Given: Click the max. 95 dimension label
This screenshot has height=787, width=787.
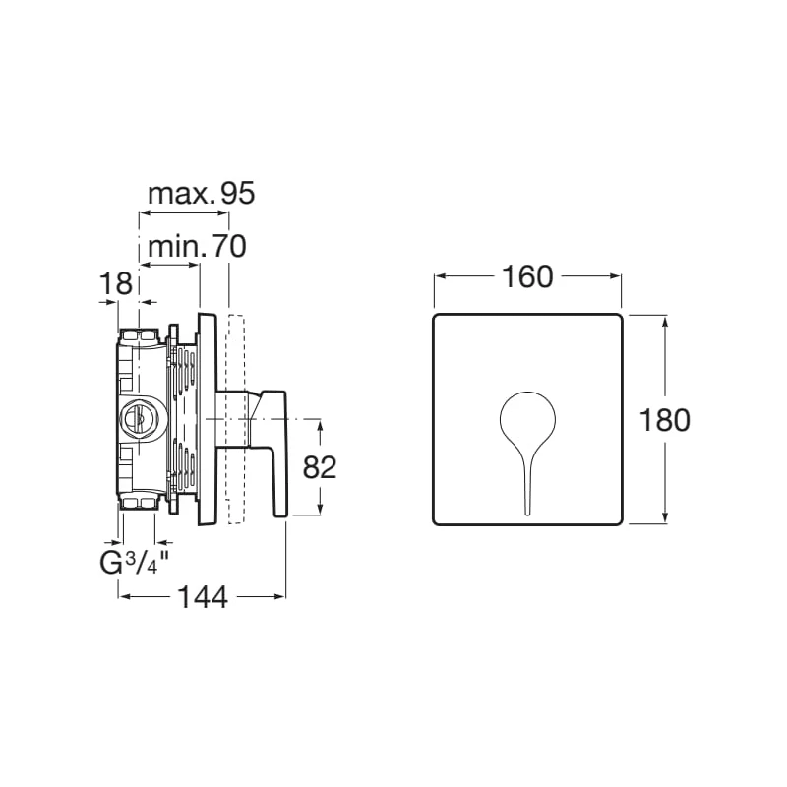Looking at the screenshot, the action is coord(202,193).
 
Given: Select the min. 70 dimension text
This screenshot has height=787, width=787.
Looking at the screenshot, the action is coord(198,246).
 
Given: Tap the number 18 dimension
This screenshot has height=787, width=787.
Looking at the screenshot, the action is coord(116,283).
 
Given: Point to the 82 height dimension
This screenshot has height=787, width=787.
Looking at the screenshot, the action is coord(319,467).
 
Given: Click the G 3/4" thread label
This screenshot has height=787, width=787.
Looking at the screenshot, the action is coord(133,563).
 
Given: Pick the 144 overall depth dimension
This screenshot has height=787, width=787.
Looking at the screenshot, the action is coord(203,597).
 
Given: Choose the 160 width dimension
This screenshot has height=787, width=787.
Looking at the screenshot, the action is coord(527,276).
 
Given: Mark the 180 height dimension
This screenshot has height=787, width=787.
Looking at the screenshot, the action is coord(665,420).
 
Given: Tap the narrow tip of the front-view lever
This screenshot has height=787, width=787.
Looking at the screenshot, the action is coord(527,512).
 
